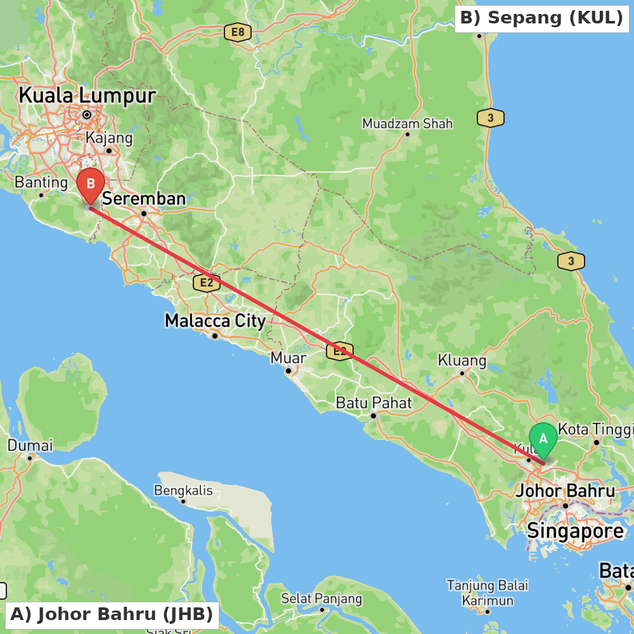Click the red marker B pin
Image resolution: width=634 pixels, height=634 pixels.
point(91,185)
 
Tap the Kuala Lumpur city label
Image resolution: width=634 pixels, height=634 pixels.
point(87,96)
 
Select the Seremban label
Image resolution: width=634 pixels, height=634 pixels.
point(144,198)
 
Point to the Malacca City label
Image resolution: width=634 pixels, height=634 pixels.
point(215,321)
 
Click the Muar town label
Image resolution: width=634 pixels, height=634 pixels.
point(288,358)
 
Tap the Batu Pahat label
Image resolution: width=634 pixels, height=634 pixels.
point(373,403)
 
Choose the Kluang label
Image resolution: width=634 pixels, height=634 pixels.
point(462,361)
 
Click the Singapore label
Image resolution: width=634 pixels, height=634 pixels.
point(576,531)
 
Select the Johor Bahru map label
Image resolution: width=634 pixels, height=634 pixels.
point(566,491)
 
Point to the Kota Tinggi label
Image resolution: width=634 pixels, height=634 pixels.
point(595,429)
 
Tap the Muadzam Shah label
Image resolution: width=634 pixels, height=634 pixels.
point(407,123)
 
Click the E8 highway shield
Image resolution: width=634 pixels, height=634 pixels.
point(238,32)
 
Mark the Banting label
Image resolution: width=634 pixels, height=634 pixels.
point(41,183)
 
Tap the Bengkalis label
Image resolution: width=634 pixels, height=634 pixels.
point(183,490)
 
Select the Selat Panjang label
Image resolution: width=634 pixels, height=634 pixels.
point(321,598)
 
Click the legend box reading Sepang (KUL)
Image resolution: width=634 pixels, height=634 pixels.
point(541,18)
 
